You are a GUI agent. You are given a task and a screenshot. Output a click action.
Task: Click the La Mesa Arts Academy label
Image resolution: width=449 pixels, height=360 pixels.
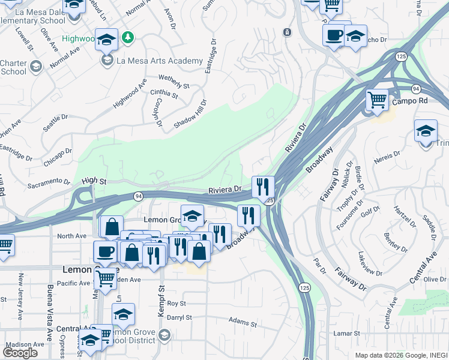pyautogui.click(x=160, y=61)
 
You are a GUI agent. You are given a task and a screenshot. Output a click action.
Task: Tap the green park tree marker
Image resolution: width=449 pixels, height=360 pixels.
pyautogui.click(x=127, y=39)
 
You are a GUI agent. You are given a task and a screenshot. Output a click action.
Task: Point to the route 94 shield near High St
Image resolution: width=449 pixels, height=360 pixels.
pyautogui.click(x=138, y=196)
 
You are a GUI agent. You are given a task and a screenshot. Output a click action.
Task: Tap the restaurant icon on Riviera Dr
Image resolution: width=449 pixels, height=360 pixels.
pyautogui.click(x=263, y=186)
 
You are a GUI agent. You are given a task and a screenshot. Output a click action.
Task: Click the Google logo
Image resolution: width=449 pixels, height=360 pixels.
pyautogui.click(x=20, y=353)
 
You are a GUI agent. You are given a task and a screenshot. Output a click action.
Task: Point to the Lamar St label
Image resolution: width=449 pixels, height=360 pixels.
pyautogui.click(x=348, y=333)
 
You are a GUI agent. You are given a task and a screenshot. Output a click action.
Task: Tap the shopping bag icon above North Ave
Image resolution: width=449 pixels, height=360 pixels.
pyautogui.click(x=112, y=227)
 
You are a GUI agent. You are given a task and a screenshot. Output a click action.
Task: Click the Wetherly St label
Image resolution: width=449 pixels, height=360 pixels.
pyautogui.click(x=173, y=82)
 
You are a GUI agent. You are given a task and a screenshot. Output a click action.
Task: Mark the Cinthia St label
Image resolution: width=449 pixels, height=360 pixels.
pyautogui.click(x=164, y=93)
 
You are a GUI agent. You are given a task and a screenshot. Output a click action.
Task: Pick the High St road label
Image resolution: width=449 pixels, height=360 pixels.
pyautogui.click(x=94, y=180)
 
